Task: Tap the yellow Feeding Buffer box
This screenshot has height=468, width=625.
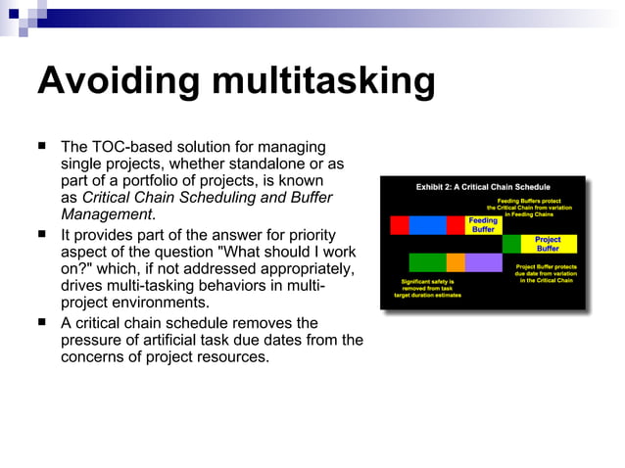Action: [483, 225]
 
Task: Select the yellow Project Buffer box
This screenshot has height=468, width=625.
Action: [548, 244]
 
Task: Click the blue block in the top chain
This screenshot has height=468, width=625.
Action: [427, 225]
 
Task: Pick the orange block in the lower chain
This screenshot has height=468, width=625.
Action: [456, 262]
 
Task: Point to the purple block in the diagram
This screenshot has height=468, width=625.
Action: [483, 262]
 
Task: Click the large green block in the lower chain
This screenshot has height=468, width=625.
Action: [427, 262]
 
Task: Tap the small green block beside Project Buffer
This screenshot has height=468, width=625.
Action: [511, 244]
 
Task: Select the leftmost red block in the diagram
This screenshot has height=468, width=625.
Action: [400, 225]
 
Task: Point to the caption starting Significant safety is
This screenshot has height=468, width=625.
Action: [428, 288]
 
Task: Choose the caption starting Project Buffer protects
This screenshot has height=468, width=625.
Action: [544, 272]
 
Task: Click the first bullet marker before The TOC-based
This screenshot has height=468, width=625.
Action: [43, 145]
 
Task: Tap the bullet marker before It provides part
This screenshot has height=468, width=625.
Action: [43, 234]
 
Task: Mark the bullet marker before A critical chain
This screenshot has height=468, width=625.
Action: [43, 322]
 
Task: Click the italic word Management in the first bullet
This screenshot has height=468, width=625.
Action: [107, 214]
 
